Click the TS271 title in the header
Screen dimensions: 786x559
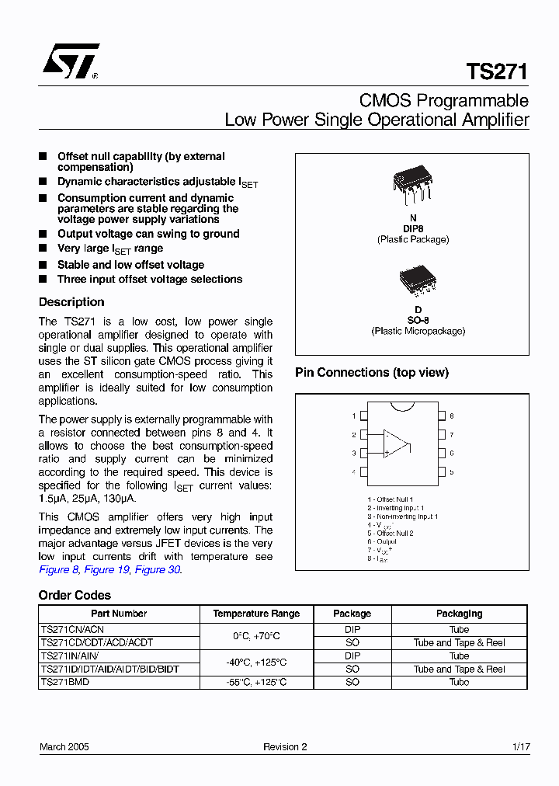497,72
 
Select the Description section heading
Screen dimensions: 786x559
71,302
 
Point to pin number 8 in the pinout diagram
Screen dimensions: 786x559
451,416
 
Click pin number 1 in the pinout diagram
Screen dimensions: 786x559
354,416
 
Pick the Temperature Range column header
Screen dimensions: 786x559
256,614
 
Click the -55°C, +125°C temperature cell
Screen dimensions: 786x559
256,682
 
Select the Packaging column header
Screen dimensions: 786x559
459,614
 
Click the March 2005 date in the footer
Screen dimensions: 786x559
64,747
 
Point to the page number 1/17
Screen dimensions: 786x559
521,747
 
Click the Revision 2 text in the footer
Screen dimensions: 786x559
285,747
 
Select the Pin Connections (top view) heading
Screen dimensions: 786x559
372,373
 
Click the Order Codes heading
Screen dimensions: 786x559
75,596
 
